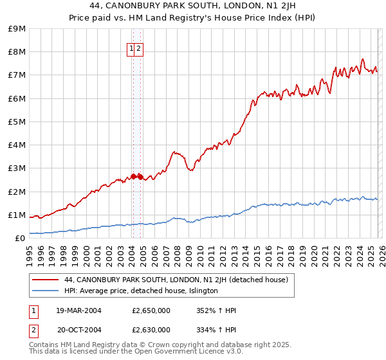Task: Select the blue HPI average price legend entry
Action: pyautogui.click(x=141, y=291)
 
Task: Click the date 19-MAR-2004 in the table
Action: pyautogui.click(x=78, y=310)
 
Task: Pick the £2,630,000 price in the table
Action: pyautogui.click(x=151, y=330)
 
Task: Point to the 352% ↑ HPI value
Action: pyautogui.click(x=216, y=310)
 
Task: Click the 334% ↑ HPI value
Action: pyautogui.click(x=216, y=330)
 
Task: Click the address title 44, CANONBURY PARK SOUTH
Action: pyautogui.click(x=193, y=7)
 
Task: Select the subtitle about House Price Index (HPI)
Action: pyautogui.click(x=193, y=19)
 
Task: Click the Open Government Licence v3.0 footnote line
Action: pyautogui.click(x=136, y=352)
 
